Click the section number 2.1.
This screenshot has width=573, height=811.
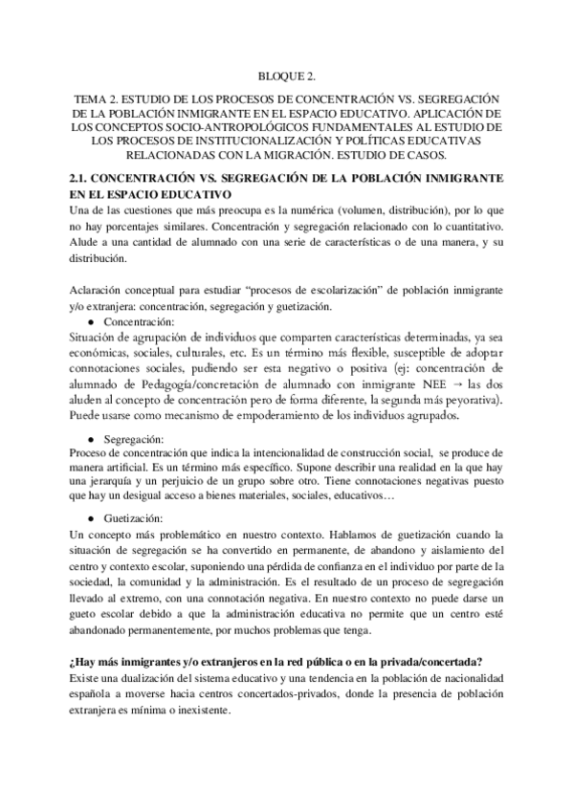[81, 179]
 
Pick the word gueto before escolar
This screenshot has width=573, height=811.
[88, 613]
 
